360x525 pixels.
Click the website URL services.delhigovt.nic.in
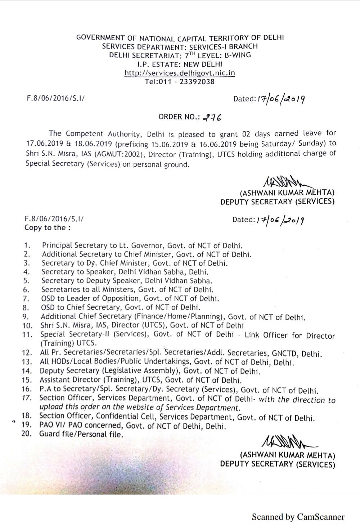pos(180,73)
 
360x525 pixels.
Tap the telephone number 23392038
pos(197,82)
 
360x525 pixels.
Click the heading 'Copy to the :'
pos(47,227)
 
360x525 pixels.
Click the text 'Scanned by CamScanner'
pos(298,517)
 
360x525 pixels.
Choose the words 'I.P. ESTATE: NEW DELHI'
pos(180,64)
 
